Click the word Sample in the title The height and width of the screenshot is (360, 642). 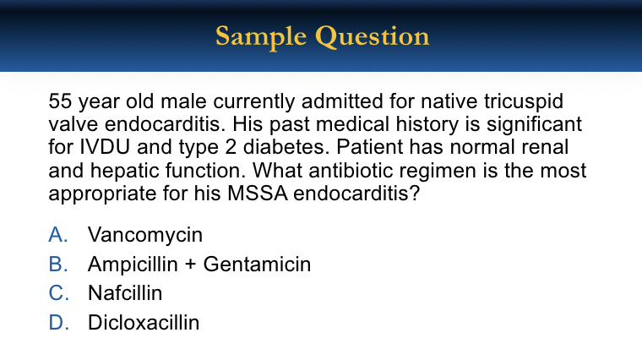pyautogui.click(x=261, y=37)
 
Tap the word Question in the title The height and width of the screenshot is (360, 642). pyautogui.click(x=373, y=36)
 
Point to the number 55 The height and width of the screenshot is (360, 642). pyautogui.click(x=60, y=101)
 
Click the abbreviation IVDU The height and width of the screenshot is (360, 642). pyautogui.click(x=105, y=147)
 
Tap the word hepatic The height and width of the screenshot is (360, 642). pyautogui.click(x=127, y=172)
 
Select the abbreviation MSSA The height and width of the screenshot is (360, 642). pyautogui.click(x=258, y=194)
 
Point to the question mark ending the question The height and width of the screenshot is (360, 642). pyautogui.click(x=415, y=194)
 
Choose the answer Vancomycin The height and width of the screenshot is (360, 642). pyautogui.click(x=145, y=236)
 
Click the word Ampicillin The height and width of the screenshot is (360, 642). pyautogui.click(x=133, y=265)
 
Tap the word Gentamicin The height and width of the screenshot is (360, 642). pyautogui.click(x=257, y=265)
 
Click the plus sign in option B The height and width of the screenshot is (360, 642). pyautogui.click(x=190, y=265)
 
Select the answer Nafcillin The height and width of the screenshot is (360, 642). pyautogui.click(x=125, y=293)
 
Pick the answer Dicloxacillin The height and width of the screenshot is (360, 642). pyautogui.click(x=144, y=323)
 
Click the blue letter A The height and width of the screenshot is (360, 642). pyautogui.click(x=57, y=235)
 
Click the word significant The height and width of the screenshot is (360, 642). pyautogui.click(x=535, y=125)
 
